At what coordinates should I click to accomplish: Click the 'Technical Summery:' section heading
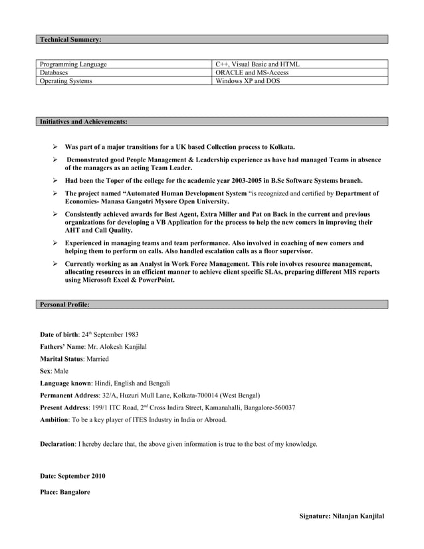click(70, 40)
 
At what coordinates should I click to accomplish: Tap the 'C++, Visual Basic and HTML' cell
click(258, 64)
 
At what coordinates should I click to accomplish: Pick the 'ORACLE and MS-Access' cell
click(253, 72)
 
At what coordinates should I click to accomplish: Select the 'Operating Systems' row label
click(66, 81)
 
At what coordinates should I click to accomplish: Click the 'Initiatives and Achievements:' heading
click(84, 122)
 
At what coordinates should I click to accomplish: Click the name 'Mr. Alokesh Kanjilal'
click(115, 346)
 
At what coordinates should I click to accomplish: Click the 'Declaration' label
click(58, 443)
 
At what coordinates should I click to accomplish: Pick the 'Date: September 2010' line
click(72, 477)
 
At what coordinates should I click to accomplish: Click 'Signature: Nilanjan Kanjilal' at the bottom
click(342, 516)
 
